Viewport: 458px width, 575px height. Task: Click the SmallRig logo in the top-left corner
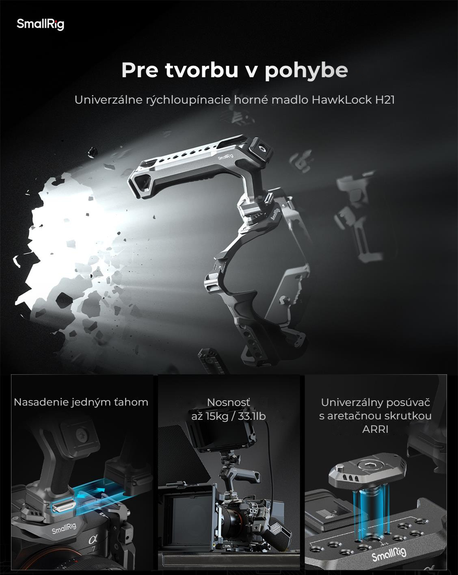(x=40, y=24)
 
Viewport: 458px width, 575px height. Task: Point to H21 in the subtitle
(x=385, y=100)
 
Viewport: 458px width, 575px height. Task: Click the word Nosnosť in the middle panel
(x=229, y=402)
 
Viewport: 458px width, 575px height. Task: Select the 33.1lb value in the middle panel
(x=252, y=417)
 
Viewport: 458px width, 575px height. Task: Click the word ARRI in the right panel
(x=375, y=430)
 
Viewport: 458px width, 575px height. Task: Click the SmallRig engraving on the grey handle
(x=225, y=157)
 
